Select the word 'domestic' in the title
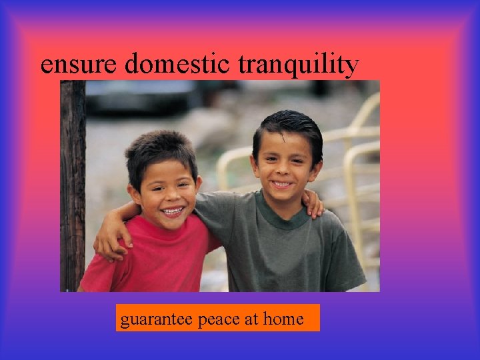176,64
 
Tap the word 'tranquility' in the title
299,65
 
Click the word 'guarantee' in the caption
155,319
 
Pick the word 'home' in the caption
283,319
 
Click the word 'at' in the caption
251,319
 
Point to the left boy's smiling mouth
172,211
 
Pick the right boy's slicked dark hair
290,125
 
